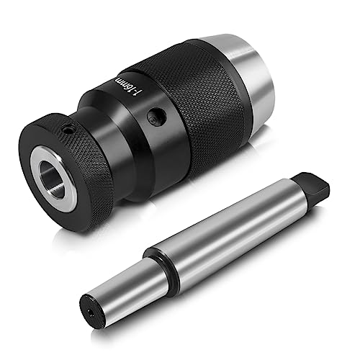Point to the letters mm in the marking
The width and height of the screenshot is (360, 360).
[x=120, y=81]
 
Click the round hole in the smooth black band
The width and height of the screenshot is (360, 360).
[x=157, y=116]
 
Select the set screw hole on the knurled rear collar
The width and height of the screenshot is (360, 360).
[x=68, y=130]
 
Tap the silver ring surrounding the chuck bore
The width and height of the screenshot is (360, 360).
[x=53, y=179]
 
